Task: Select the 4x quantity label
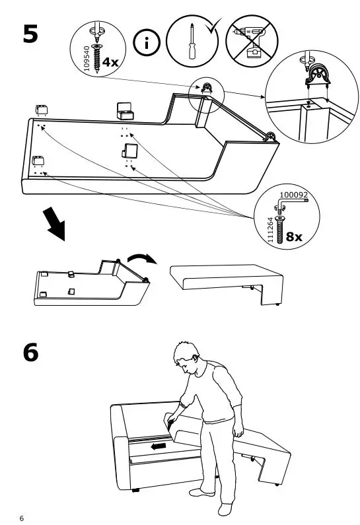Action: click(108, 62)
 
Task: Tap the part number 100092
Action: click(293, 195)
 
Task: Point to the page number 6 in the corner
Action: click(22, 516)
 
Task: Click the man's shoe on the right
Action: click(226, 509)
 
